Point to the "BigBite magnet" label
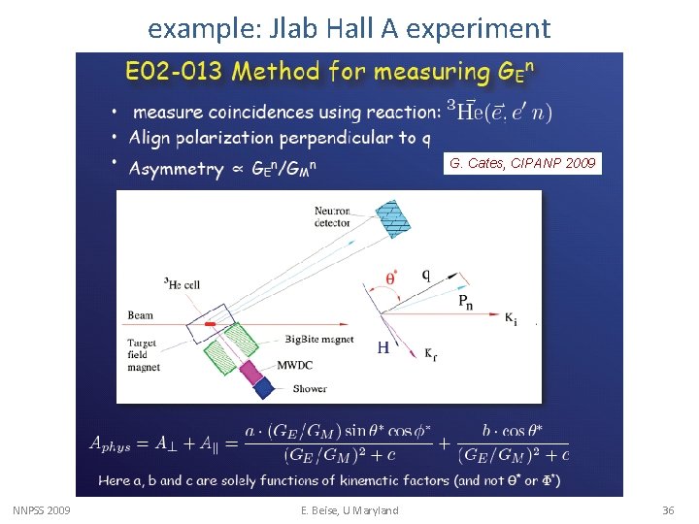click(x=316, y=339)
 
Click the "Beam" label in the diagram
click(x=140, y=315)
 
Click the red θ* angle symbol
click(x=393, y=277)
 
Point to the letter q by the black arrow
click(x=425, y=274)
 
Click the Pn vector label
click(x=466, y=302)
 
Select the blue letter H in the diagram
click(x=383, y=348)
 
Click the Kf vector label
click(x=431, y=354)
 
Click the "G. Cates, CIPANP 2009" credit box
click(x=522, y=163)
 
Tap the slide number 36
click(x=667, y=510)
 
